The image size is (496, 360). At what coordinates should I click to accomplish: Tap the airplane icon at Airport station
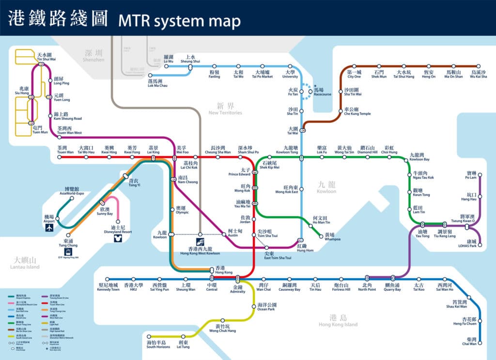click(x=49, y=227)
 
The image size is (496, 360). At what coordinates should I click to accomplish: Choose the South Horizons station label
click(x=158, y=344)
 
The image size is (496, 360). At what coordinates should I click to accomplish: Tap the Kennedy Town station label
click(x=108, y=287)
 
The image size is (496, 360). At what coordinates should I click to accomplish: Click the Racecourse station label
click(x=322, y=92)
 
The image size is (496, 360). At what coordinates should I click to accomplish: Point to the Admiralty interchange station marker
click(x=238, y=279)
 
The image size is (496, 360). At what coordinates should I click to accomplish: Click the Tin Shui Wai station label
click(x=46, y=57)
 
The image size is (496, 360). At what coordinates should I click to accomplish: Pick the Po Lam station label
click(x=471, y=175)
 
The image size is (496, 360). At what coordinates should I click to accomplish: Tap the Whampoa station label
click(x=329, y=237)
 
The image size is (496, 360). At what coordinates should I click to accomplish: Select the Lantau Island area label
click(x=25, y=263)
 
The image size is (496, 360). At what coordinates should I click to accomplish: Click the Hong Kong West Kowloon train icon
click(x=200, y=241)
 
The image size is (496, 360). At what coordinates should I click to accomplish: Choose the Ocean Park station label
click(x=266, y=307)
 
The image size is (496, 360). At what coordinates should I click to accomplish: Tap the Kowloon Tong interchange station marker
click(x=301, y=157)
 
